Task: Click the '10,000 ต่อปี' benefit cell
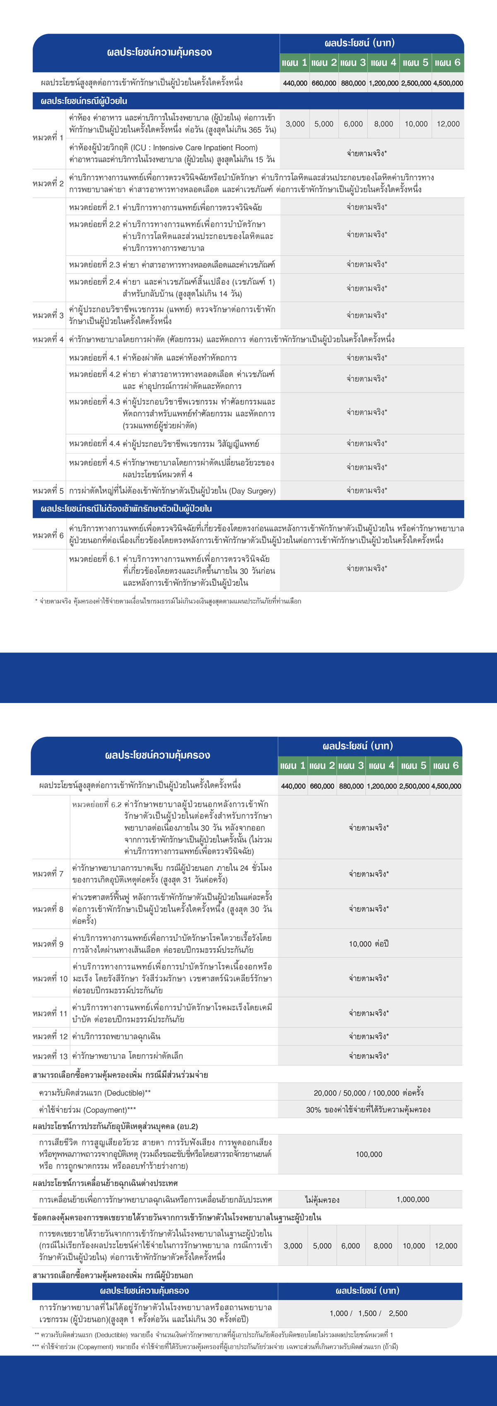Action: tap(369, 944)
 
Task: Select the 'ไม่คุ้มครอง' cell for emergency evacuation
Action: tap(322, 1200)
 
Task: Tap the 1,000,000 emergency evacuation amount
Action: tap(413, 1200)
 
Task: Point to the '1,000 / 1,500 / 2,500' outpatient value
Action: tap(369, 1313)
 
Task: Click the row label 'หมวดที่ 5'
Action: tap(48, 490)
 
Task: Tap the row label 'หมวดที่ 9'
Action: tap(48, 944)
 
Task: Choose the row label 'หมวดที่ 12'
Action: tap(50, 1036)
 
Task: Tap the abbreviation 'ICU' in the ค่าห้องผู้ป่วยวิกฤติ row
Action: tap(138, 147)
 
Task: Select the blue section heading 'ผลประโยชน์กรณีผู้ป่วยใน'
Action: tap(84, 101)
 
